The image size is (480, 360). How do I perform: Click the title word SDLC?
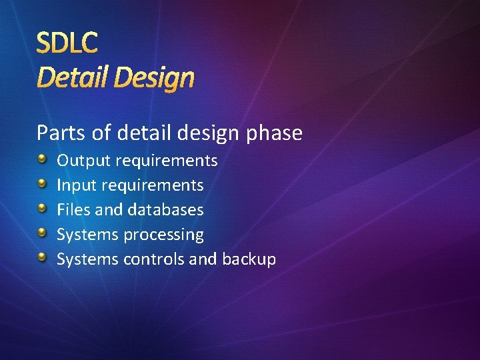click(67, 43)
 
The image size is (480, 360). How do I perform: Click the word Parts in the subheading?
click(61, 133)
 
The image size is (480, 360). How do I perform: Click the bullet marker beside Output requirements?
click(42, 159)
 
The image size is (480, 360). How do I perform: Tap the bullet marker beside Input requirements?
click(42, 183)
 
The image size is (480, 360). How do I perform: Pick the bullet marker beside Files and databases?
click(42, 208)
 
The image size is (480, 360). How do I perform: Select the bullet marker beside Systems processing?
click(42, 233)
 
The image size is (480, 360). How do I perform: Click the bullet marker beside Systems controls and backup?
click(42, 257)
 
